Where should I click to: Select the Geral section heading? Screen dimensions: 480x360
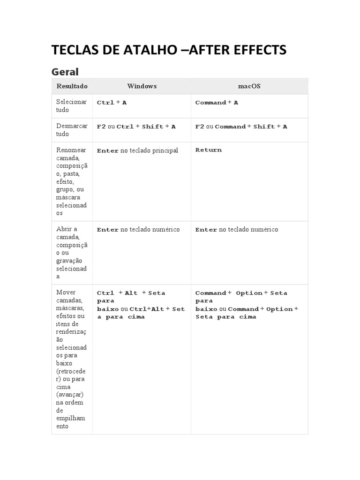[65, 72]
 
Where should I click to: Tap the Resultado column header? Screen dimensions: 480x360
[72, 86]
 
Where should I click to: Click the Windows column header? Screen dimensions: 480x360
[142, 86]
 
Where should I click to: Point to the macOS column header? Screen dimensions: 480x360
[249, 86]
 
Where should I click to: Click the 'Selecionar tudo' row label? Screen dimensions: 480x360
[71, 106]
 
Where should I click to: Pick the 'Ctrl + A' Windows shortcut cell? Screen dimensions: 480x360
[112, 103]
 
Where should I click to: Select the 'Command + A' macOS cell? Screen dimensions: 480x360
[217, 103]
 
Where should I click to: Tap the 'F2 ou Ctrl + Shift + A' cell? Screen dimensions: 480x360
[136, 127]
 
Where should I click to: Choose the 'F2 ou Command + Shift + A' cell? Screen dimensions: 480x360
[241, 127]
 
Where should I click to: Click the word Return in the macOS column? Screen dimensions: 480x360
[209, 150]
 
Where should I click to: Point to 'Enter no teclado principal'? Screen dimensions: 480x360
[137, 151]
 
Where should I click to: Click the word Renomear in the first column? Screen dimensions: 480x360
[71, 150]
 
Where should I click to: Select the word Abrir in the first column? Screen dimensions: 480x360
[67, 229]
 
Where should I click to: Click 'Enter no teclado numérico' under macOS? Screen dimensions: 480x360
[237, 230]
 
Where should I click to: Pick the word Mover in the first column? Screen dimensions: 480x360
[66, 292]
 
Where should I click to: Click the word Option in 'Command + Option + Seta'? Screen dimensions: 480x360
[249, 293]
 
